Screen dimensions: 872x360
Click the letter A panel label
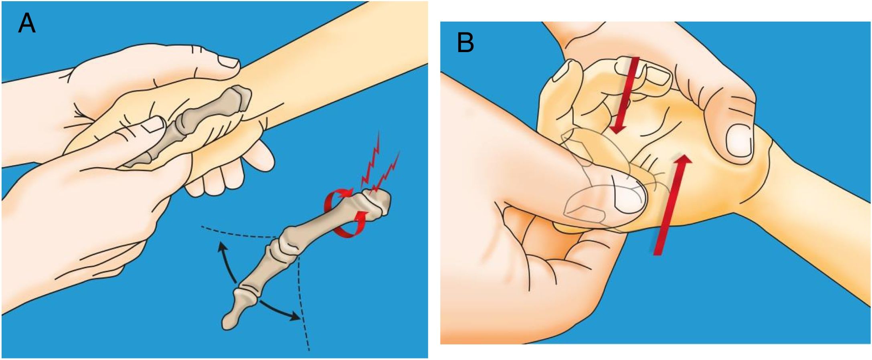pos(27,24)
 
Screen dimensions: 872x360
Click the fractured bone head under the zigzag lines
pos(377,204)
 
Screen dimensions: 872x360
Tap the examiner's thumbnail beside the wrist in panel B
pos(738,142)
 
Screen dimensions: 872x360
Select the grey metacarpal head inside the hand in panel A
pos(237,98)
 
